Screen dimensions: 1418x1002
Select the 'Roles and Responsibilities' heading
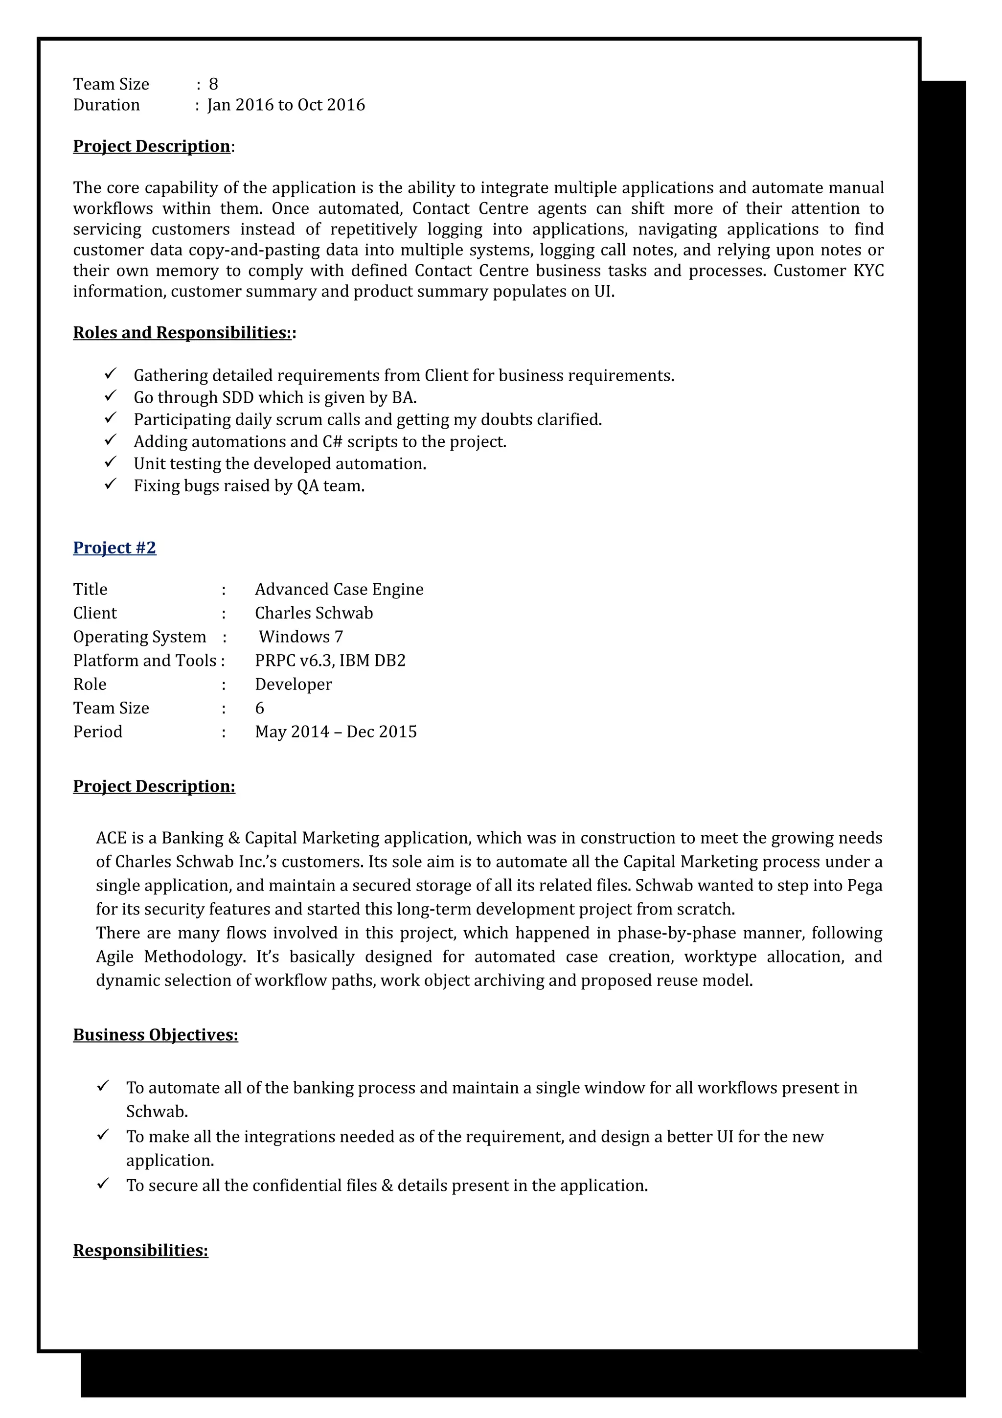pos(182,333)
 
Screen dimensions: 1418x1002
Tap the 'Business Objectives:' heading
pos(156,1034)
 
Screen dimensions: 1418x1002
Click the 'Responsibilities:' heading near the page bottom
pos(141,1250)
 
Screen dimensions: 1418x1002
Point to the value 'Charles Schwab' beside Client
pos(314,613)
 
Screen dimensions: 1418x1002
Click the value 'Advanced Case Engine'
pos(339,590)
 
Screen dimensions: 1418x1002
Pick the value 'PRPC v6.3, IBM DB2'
pos(330,661)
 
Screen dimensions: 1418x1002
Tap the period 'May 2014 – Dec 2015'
pos(336,732)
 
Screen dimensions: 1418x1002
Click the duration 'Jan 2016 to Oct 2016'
pos(287,105)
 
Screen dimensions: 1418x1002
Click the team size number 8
pos(214,84)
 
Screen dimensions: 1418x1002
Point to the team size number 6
pos(260,709)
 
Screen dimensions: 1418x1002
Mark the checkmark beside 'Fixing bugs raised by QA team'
pos(111,484)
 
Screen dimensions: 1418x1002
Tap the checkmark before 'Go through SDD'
pos(111,396)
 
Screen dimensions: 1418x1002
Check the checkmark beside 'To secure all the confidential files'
pos(103,1184)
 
